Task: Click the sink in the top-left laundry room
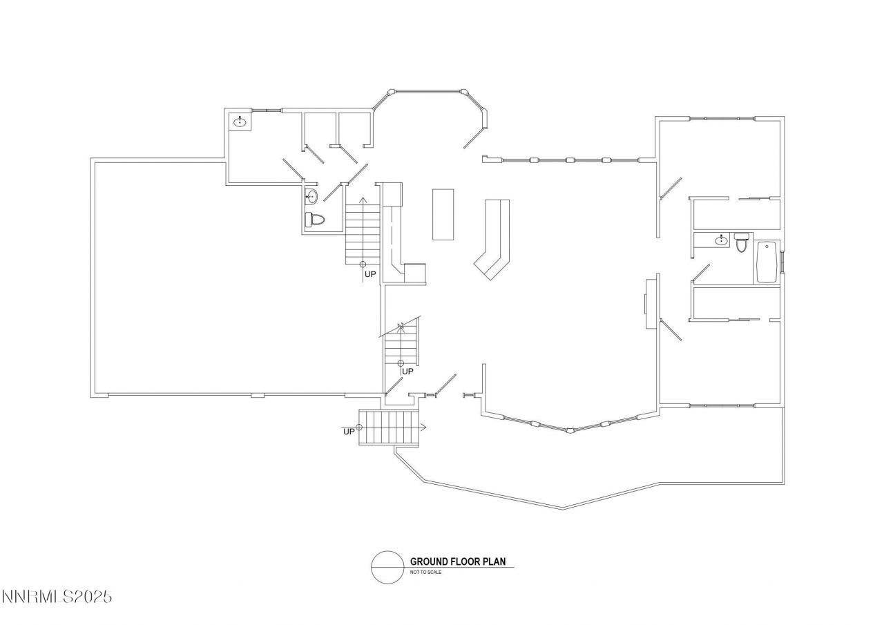240,122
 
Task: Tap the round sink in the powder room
311,196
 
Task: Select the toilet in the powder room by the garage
315,220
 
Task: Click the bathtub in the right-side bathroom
767,262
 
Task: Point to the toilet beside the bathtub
742,242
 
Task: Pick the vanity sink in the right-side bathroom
721,240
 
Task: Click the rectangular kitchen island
443,213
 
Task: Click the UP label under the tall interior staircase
371,274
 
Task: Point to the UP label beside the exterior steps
349,432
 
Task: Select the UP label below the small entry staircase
407,372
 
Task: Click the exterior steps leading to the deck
389,427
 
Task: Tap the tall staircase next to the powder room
363,231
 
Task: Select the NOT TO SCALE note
425,573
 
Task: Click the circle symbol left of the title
387,567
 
